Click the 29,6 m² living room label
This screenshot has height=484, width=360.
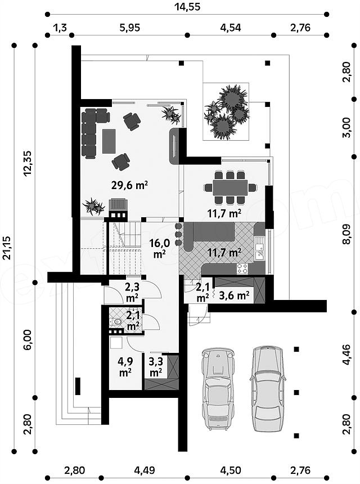(129, 185)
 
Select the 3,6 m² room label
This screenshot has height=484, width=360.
(234, 295)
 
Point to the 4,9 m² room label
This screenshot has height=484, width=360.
(125, 366)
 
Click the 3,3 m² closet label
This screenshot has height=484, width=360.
(156, 366)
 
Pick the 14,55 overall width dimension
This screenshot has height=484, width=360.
(187, 7)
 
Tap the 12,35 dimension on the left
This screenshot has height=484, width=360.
(28, 163)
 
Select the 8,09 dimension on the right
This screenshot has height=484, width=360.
(348, 234)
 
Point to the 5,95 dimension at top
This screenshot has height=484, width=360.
(129, 28)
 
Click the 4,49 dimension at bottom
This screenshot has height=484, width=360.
(145, 470)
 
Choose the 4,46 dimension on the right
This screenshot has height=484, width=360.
(348, 355)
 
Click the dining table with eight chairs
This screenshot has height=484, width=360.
(230, 187)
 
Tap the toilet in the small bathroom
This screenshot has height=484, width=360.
(117, 322)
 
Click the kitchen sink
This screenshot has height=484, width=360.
(260, 249)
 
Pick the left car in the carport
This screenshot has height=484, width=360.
(218, 389)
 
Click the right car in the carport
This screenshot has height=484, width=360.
(267, 388)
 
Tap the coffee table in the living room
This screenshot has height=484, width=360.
(109, 141)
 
